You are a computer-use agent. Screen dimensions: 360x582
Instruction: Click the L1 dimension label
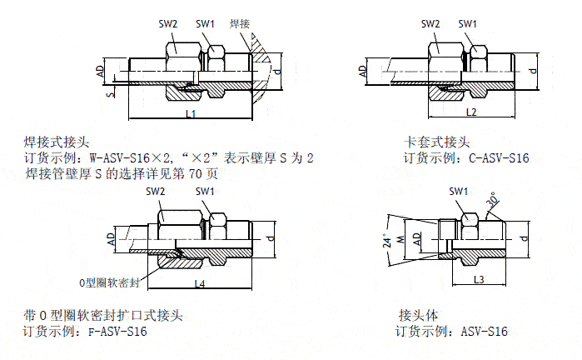(x=190, y=113)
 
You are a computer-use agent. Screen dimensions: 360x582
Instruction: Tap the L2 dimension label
(x=470, y=112)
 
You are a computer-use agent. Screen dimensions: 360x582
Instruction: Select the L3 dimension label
(x=479, y=278)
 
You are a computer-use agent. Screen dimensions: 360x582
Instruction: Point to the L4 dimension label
(x=200, y=284)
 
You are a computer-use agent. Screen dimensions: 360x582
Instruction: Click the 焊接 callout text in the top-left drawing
(x=241, y=24)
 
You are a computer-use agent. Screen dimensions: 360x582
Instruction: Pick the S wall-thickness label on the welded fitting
(x=110, y=94)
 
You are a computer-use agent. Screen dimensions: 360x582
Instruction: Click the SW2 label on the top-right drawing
(x=430, y=24)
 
